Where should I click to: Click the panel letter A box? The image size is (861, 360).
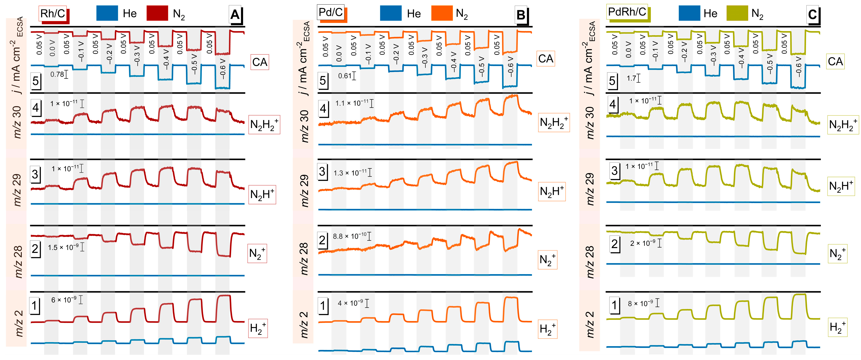click(235, 15)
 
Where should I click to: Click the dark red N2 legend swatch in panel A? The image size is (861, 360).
click(157, 13)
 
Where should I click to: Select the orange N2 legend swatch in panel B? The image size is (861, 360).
click(442, 13)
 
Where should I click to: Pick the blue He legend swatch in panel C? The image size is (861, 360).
click(689, 13)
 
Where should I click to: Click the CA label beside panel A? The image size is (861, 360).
click(260, 62)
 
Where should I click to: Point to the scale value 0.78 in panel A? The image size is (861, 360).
click(57, 74)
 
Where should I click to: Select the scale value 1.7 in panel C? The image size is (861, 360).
click(631, 78)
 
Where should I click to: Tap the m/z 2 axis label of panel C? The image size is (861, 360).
click(590, 324)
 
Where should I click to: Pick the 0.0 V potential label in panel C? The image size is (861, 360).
click(628, 50)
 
